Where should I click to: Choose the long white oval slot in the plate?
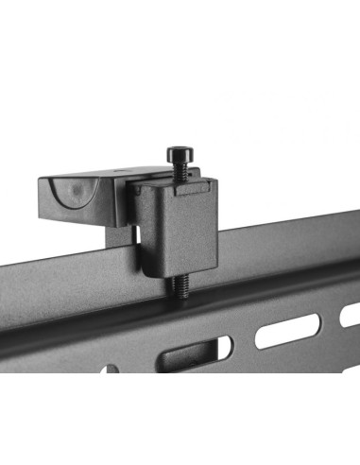point(287,330)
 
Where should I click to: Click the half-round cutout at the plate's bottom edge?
point(111,370)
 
